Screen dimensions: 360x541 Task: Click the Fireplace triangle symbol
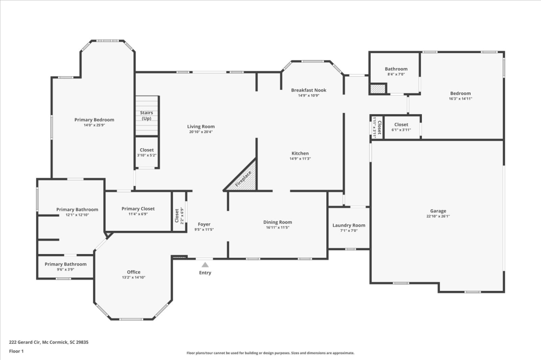tap(245, 179)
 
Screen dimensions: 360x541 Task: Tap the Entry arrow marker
tap(205, 265)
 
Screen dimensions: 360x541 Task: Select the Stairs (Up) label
tap(147, 116)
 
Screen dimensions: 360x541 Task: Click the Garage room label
tap(438, 211)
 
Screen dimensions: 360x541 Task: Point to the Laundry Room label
tap(349, 225)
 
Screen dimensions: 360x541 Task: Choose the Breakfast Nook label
tap(308, 90)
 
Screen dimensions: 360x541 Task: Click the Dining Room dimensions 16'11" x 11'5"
tap(278, 228)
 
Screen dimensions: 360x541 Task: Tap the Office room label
tap(134, 272)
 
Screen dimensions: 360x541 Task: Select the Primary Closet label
tap(138, 209)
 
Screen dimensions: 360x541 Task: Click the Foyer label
tap(204, 224)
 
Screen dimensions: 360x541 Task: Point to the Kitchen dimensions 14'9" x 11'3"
tap(300, 159)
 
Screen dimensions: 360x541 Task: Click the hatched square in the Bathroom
tap(378, 89)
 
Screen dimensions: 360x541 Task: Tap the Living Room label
tap(201, 126)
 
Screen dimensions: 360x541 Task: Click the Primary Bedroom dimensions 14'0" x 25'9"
tap(94, 125)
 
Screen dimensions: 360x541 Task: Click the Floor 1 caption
tap(16, 351)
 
